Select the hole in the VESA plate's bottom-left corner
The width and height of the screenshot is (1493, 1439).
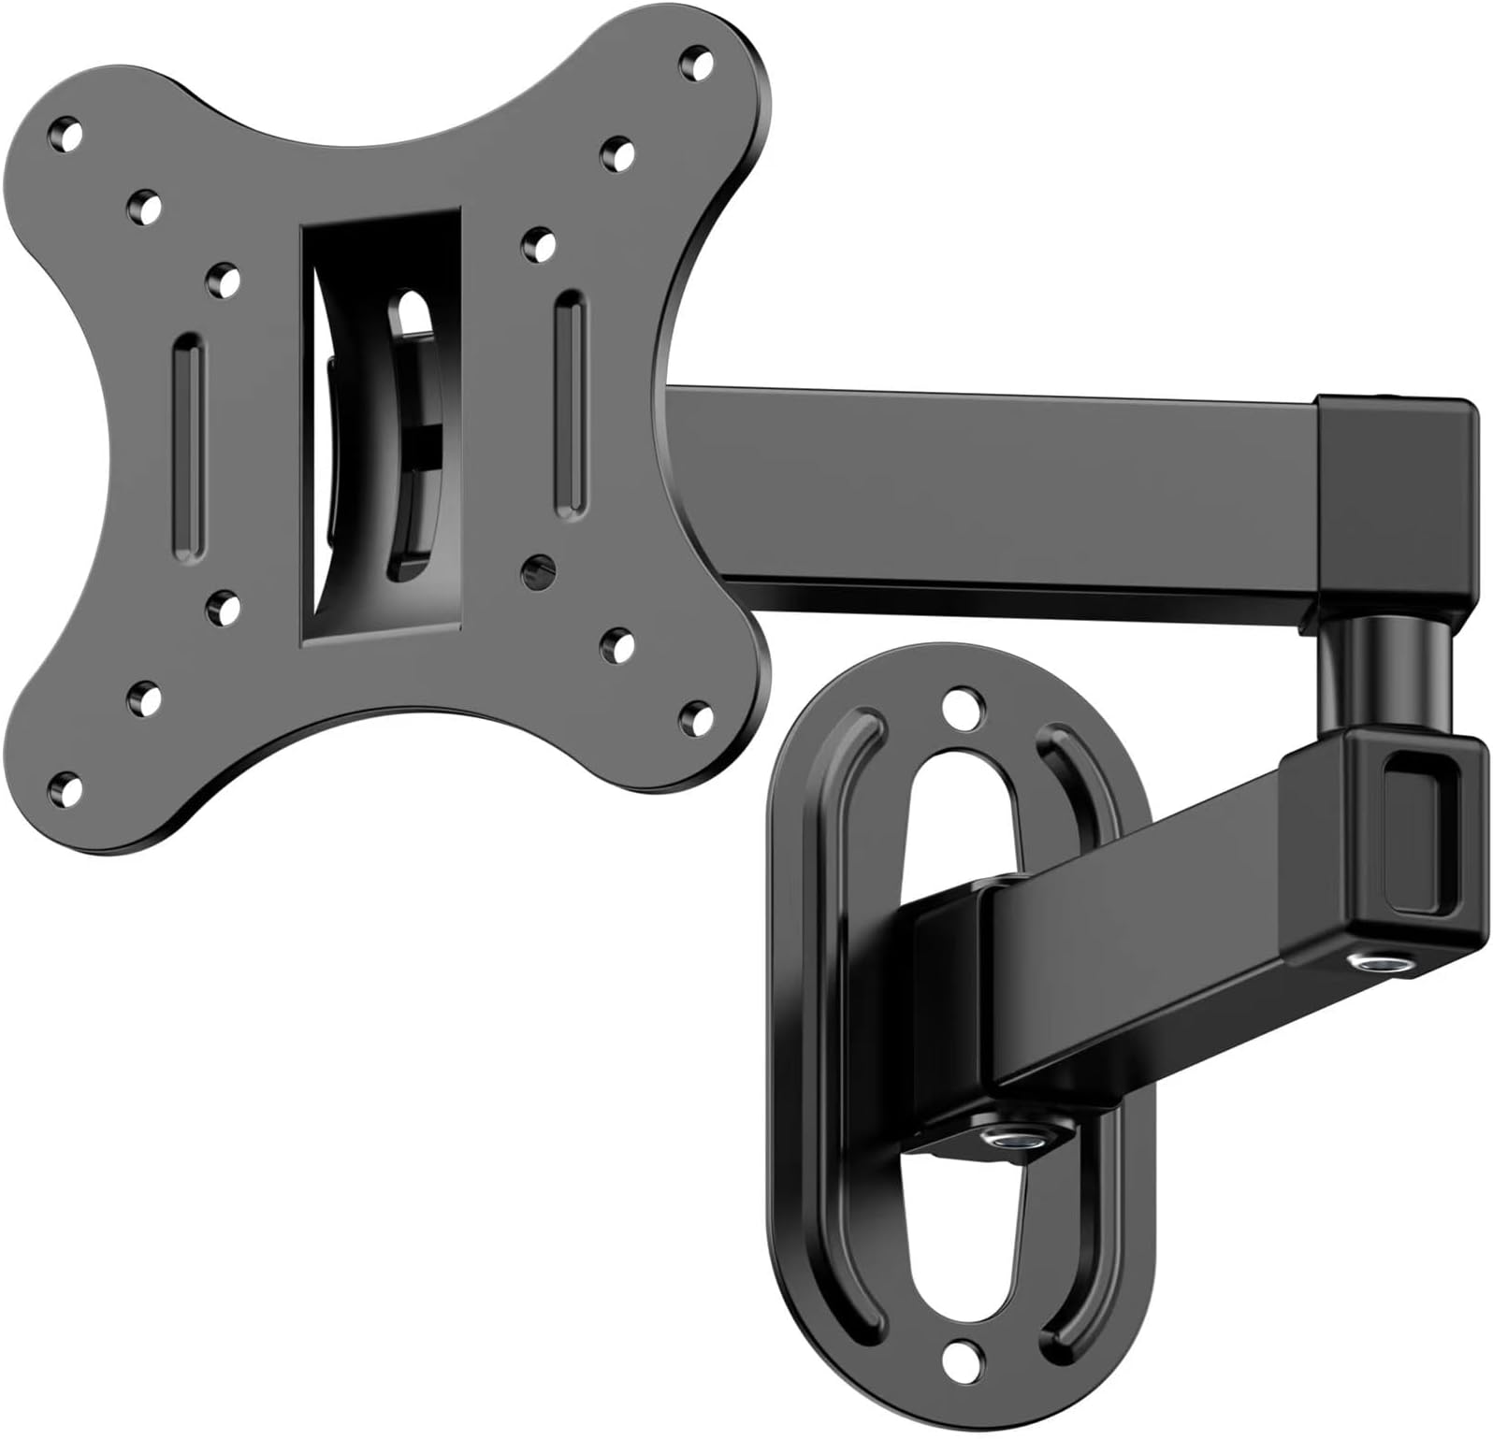[65, 784]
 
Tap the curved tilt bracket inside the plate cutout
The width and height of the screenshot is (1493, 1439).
[412, 439]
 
